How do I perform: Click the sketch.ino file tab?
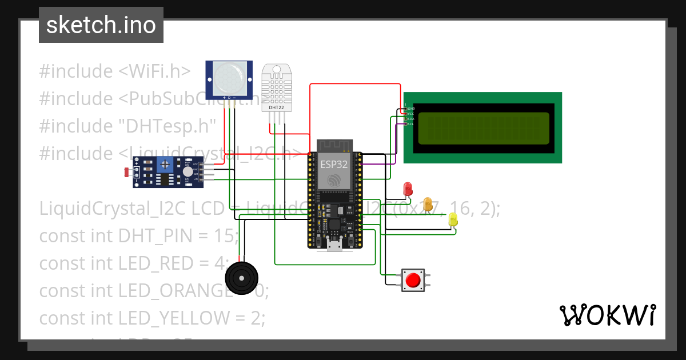coord(101,25)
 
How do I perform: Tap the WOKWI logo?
coord(607,315)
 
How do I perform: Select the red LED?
coord(408,188)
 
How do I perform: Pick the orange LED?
coord(427,204)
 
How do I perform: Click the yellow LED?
coord(453,219)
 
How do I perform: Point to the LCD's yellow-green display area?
coord(484,128)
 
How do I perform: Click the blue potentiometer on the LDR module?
coord(166,165)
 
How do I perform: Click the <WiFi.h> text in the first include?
coord(154,71)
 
